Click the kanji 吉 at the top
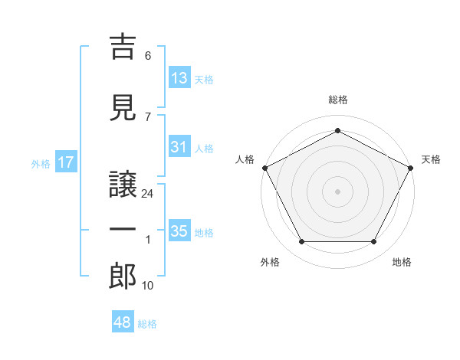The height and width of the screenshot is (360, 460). (x=123, y=47)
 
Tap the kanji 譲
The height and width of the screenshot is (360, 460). (x=123, y=185)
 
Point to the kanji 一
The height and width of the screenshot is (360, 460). (x=123, y=229)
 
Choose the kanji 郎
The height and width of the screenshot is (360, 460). (x=123, y=277)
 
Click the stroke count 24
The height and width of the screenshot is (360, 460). (x=147, y=194)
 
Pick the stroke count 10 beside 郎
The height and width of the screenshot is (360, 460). (x=147, y=286)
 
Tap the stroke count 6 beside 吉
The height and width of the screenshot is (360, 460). (x=148, y=56)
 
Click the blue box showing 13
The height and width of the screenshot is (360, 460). (x=179, y=77)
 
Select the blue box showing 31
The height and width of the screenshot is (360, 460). (x=179, y=146)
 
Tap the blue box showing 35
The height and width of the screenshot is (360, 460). (x=179, y=230)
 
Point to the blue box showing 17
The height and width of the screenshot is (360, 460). (x=66, y=162)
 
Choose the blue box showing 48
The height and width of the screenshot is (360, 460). (x=123, y=321)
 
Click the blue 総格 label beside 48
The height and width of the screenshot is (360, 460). (x=147, y=324)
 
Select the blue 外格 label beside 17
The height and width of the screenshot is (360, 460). (x=41, y=164)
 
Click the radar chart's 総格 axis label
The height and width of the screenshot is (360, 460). (x=338, y=100)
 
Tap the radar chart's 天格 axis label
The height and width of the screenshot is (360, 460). (x=431, y=159)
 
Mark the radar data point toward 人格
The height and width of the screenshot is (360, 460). (x=265, y=168)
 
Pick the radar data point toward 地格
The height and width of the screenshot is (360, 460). (x=373, y=242)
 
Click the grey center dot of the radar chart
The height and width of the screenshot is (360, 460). (x=337, y=191)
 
